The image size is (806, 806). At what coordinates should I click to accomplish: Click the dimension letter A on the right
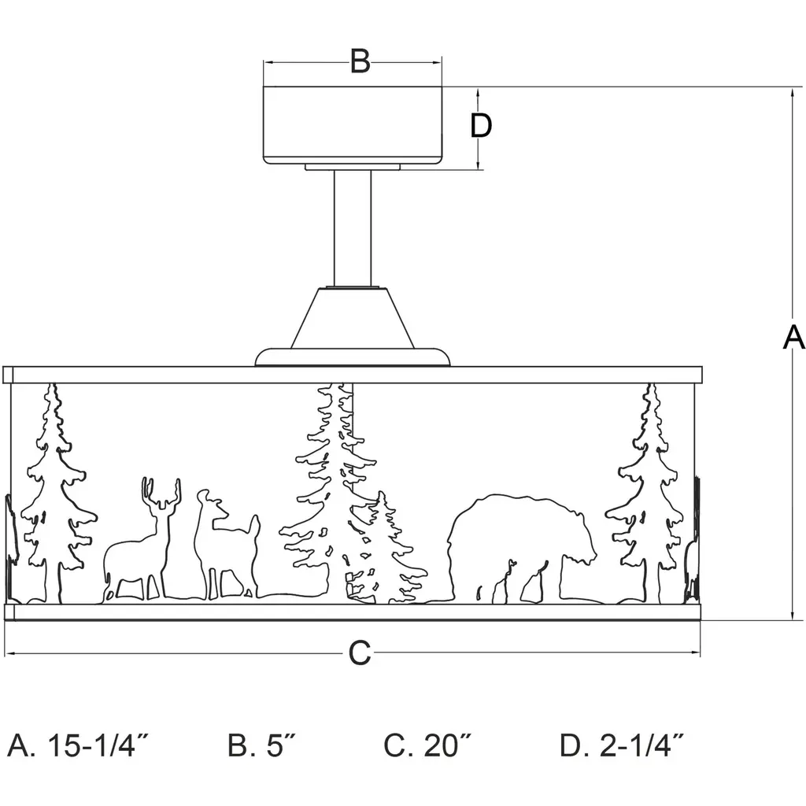click(x=793, y=337)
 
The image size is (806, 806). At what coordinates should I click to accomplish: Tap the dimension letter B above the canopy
click(x=360, y=61)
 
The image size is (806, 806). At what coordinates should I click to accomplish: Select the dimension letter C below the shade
click(x=359, y=653)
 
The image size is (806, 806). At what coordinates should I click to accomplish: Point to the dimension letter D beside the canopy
click(x=481, y=125)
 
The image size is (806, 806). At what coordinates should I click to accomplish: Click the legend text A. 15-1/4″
click(x=79, y=745)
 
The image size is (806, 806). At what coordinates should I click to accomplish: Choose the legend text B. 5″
click(x=262, y=745)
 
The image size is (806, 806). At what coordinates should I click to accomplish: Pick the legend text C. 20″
click(x=428, y=745)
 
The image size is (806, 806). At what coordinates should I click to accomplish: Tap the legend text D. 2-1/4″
click(x=622, y=745)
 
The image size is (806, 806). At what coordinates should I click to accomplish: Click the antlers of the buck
click(x=161, y=494)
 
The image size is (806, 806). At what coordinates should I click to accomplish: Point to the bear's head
click(x=579, y=535)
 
